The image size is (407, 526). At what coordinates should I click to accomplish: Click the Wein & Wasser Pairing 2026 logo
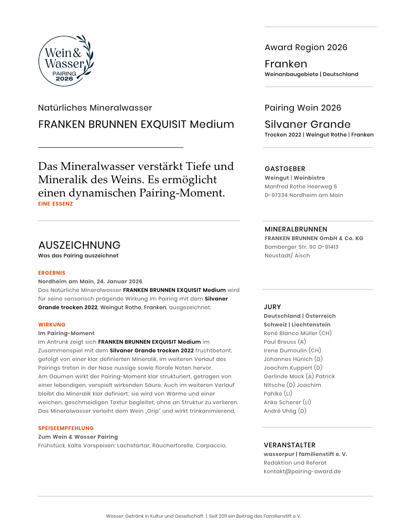(66, 61)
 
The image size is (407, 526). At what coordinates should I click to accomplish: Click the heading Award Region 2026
(306, 47)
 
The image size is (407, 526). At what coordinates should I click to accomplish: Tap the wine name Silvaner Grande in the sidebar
(307, 124)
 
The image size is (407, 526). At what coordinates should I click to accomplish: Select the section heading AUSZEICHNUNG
(79, 245)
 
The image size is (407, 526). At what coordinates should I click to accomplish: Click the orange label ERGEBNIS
(52, 273)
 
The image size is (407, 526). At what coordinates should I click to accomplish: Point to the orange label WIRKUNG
(52, 324)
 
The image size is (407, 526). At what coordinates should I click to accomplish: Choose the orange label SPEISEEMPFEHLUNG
(66, 428)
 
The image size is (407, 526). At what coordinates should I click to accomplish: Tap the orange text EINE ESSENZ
(56, 204)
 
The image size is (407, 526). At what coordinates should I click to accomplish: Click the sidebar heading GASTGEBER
(285, 169)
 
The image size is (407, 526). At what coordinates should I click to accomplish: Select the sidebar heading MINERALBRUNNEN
(296, 229)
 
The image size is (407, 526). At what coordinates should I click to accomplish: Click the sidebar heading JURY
(272, 307)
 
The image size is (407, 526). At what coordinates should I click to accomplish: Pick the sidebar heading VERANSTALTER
(290, 445)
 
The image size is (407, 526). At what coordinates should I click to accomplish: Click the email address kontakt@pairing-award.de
(302, 471)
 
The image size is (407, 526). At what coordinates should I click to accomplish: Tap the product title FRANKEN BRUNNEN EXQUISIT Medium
(136, 124)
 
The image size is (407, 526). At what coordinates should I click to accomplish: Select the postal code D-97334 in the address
(276, 195)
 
